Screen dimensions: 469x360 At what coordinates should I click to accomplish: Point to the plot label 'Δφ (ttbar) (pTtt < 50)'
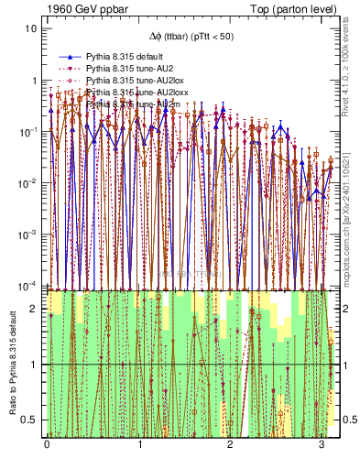coord(192,38)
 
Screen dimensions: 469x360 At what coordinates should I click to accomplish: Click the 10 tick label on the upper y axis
coord(31,27)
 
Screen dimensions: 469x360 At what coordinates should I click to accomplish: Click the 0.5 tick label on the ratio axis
coord(29,420)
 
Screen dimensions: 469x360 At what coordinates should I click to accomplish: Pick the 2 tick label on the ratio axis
coord(34,309)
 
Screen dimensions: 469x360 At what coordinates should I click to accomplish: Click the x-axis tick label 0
coord(48,444)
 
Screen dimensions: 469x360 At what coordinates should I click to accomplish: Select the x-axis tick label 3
coord(322,444)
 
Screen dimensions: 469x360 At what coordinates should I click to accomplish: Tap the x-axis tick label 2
coord(231,444)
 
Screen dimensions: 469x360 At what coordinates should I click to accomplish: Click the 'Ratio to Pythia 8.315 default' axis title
coord(11,363)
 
